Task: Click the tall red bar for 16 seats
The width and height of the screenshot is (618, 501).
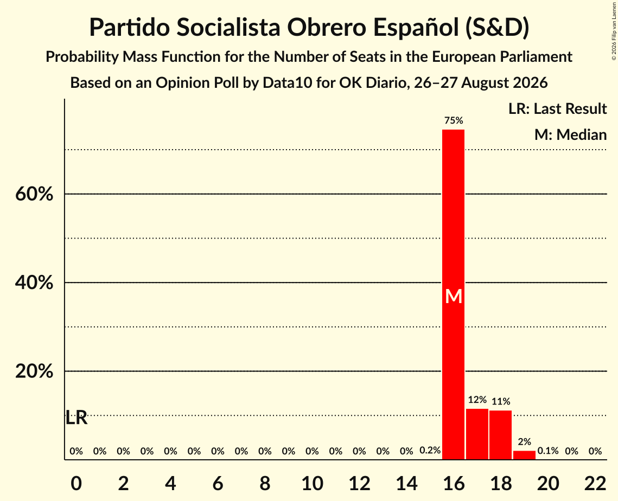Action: (453, 294)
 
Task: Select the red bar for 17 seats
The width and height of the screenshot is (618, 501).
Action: (477, 434)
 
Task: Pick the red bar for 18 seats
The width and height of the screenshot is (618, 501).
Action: (501, 435)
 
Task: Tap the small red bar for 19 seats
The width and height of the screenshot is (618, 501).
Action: (524, 455)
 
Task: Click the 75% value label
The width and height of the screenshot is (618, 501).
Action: (454, 120)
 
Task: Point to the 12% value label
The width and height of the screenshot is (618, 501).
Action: (477, 400)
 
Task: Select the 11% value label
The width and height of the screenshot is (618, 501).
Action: (501, 401)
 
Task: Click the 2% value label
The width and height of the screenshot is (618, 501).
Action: (525, 442)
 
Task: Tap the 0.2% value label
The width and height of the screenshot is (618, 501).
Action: (430, 450)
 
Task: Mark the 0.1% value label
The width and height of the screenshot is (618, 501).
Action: (548, 451)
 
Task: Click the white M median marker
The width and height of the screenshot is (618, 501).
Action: (454, 296)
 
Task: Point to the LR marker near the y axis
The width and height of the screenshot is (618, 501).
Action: (76, 418)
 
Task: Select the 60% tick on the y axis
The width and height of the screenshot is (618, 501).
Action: (34, 194)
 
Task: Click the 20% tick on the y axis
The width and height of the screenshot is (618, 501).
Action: (34, 371)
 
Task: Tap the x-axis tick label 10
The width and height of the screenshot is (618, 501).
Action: (312, 483)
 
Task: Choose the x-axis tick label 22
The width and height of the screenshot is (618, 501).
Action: (595, 483)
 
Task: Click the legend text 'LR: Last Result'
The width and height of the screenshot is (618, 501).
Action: (557, 108)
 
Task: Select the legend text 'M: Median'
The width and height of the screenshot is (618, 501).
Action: (570, 134)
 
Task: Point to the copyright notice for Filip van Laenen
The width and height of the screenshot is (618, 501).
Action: (614, 31)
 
